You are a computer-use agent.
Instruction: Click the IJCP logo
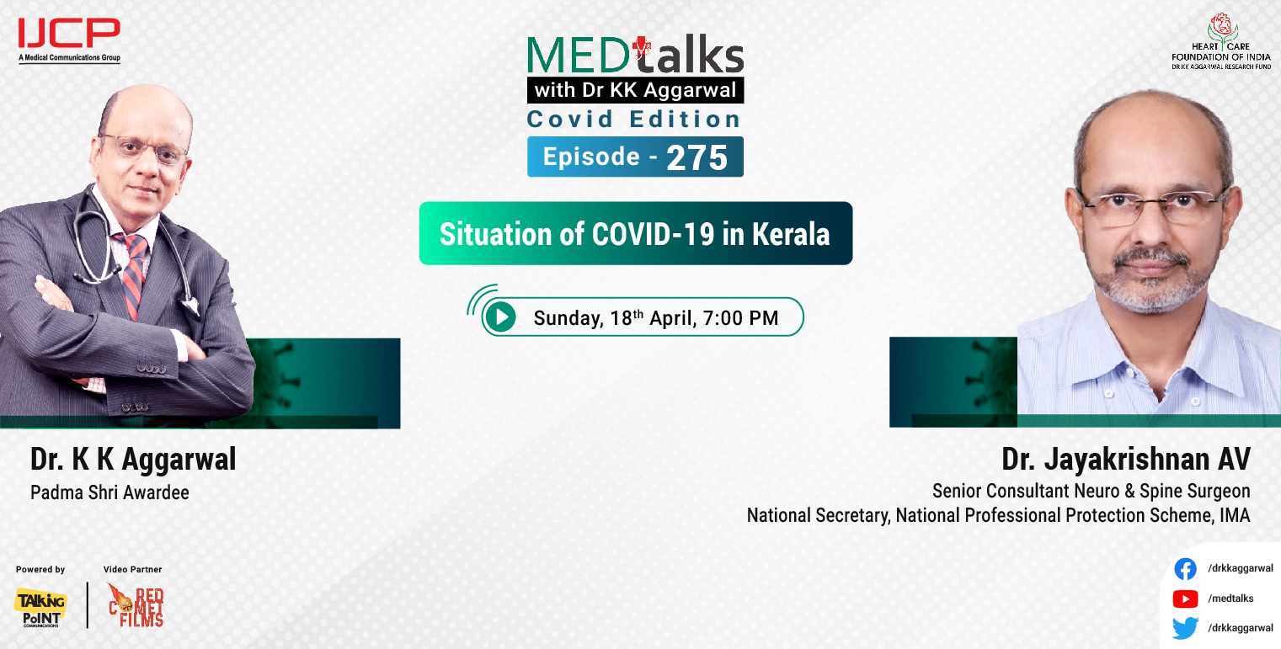coord(69,39)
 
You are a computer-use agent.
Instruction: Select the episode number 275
coord(697,157)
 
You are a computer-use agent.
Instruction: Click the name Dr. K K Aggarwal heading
coord(133,460)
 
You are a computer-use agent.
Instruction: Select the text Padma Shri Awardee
coord(109,492)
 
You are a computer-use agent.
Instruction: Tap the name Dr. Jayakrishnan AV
coord(1125,460)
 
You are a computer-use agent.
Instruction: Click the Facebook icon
coord(1185,569)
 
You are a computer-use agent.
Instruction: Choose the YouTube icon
coord(1185,598)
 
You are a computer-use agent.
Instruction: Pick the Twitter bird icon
coord(1185,628)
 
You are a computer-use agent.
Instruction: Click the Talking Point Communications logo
coord(40,607)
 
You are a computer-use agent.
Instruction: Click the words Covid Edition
coord(633,120)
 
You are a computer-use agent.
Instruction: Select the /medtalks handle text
coord(1230,598)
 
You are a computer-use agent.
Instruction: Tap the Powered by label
coord(40,570)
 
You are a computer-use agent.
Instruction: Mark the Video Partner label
coord(132,570)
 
